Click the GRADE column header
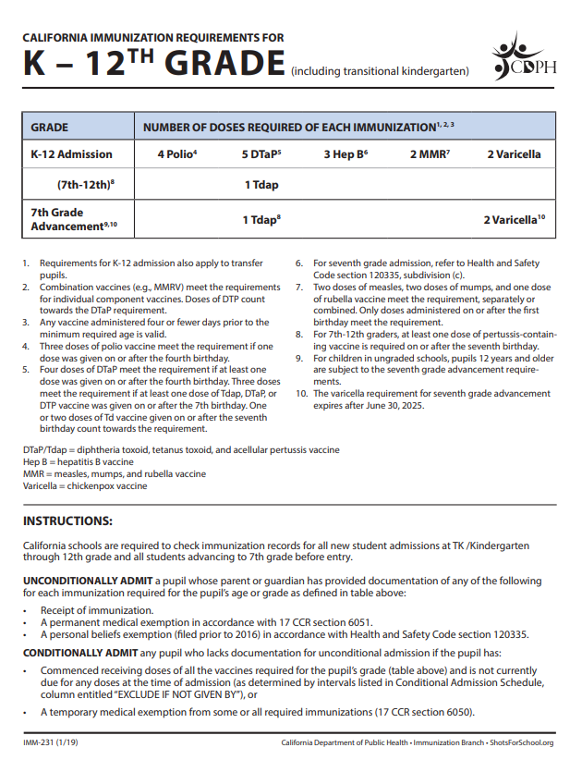[x=50, y=126]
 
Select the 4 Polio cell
[x=177, y=154]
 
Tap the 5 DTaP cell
[x=261, y=154]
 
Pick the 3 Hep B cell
[x=346, y=154]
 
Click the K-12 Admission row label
[x=71, y=154]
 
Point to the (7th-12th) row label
[x=85, y=184]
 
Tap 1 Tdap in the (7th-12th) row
[x=261, y=184]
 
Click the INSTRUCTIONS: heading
[x=67, y=521]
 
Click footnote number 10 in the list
[x=300, y=394]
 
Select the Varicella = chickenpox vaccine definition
[x=85, y=485]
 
